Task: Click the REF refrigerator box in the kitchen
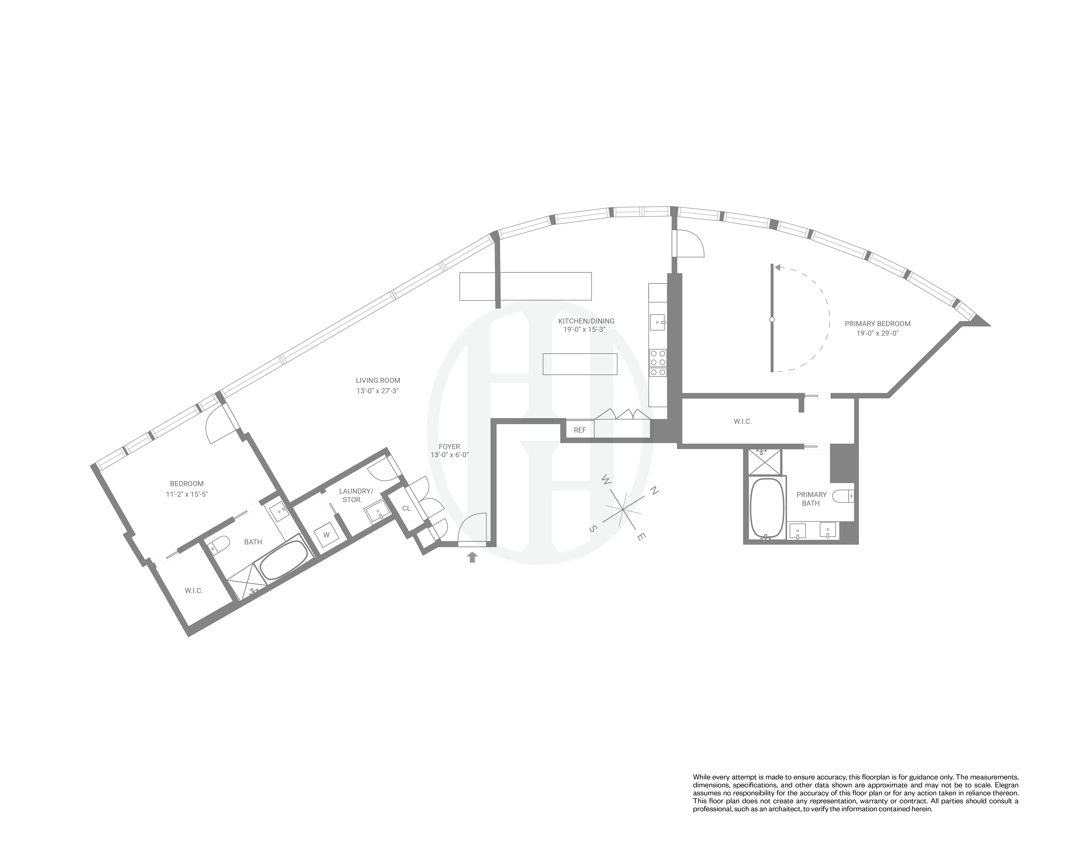(580, 430)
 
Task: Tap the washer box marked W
(326, 535)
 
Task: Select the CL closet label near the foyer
(406, 508)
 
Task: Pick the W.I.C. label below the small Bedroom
(194, 591)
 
